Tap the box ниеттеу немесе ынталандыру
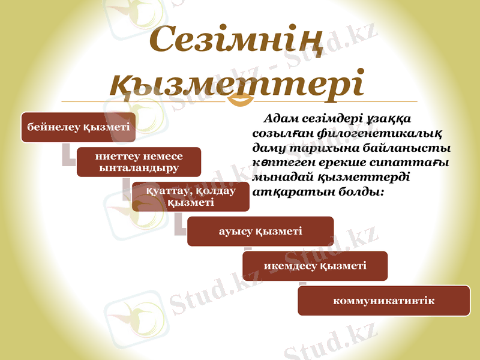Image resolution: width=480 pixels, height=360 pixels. click(x=139, y=162)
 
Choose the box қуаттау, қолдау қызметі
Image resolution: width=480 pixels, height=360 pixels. click(x=190, y=197)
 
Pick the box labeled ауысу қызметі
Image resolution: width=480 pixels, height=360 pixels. click(x=260, y=231)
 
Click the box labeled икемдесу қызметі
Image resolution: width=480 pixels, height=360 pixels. click(x=315, y=266)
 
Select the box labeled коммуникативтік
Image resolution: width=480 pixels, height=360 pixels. click(x=383, y=301)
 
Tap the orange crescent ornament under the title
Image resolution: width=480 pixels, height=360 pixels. click(x=243, y=100)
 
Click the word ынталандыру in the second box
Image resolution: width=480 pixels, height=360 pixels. click(x=139, y=168)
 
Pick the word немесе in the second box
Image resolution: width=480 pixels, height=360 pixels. click(x=161, y=156)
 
